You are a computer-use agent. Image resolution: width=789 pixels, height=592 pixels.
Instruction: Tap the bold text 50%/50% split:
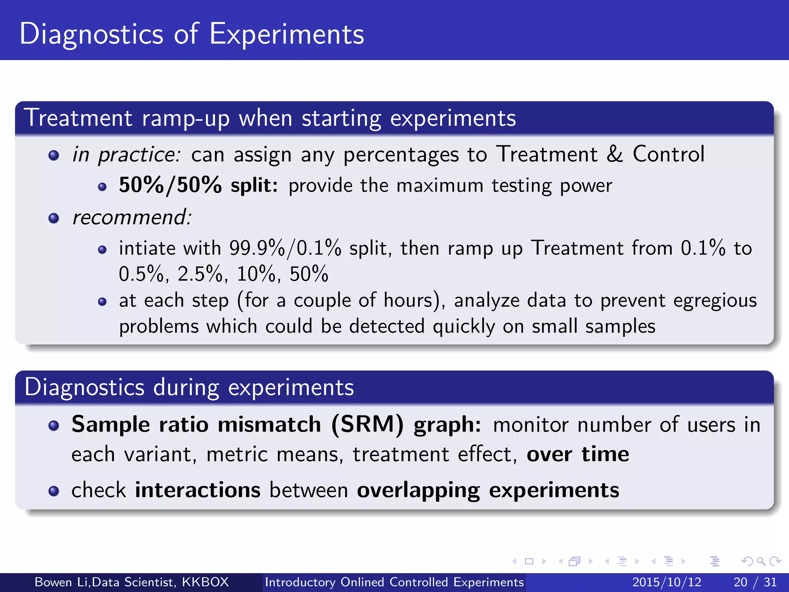(x=198, y=185)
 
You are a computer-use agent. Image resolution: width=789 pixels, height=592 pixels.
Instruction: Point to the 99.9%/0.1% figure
(x=285, y=248)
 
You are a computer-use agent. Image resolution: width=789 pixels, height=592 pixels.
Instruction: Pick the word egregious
(x=715, y=301)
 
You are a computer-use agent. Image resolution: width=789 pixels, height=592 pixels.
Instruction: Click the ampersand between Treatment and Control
(x=614, y=154)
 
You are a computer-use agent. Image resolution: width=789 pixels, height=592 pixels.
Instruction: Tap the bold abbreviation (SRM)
(x=367, y=425)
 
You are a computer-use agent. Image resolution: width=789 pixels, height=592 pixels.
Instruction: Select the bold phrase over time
(x=577, y=454)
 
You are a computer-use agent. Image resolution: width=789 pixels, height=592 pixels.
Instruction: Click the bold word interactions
(x=198, y=490)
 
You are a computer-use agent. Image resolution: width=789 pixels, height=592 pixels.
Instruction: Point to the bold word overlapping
(x=418, y=491)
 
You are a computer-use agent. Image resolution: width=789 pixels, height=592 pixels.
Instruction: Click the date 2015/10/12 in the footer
(x=666, y=582)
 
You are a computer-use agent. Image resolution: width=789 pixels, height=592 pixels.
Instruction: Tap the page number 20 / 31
(x=755, y=582)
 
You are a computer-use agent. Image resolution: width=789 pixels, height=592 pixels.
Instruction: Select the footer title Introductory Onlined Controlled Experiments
(x=394, y=582)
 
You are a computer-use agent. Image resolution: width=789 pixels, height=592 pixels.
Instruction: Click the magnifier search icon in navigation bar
(x=761, y=561)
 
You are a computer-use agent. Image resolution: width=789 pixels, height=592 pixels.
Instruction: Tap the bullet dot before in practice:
(x=54, y=156)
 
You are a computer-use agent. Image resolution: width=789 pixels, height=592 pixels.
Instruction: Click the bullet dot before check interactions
(x=54, y=491)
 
